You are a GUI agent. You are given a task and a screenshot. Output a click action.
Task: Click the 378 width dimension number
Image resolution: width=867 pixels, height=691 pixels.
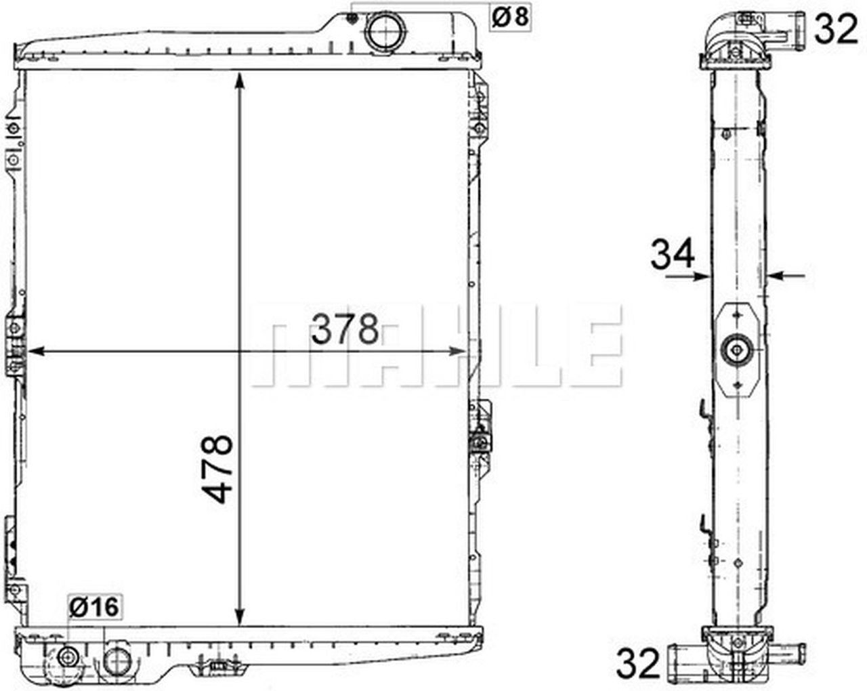click(x=345, y=329)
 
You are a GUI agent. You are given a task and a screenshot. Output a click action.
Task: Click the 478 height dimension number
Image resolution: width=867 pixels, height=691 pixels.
click(x=217, y=469)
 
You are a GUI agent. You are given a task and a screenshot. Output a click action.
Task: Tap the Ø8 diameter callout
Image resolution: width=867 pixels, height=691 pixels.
click(x=510, y=18)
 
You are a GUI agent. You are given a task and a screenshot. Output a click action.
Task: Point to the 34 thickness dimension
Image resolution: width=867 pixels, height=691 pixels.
click(x=673, y=253)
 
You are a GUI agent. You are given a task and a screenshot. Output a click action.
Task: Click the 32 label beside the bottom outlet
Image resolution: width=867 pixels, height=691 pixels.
click(x=638, y=663)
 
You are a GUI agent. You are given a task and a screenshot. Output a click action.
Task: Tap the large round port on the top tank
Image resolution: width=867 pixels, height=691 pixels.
click(x=385, y=33)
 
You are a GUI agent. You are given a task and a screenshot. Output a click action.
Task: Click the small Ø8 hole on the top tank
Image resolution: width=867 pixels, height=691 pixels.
click(x=352, y=18)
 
